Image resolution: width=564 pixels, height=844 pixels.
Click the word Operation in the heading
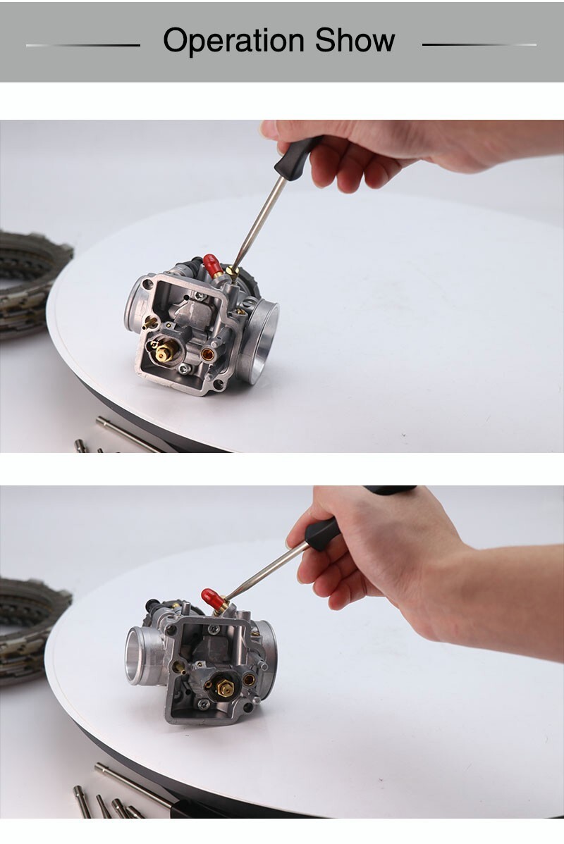coord(235,42)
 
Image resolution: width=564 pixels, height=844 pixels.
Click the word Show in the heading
coord(355,40)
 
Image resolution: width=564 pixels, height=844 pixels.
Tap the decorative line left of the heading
coord(83,45)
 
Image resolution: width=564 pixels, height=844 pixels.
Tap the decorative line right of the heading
coord(479,44)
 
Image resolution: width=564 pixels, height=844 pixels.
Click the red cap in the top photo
coord(212,265)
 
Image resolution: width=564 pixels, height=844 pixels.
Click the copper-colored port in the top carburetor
coord(207,354)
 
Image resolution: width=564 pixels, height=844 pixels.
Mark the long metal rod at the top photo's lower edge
coord(127,433)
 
